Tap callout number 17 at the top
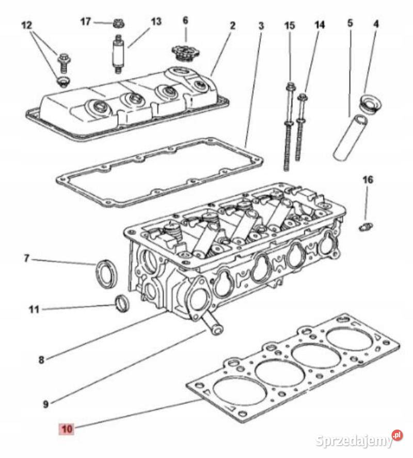86,21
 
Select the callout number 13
156,22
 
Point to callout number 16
367,180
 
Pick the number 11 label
34,309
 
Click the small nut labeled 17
117,23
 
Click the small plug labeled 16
366,226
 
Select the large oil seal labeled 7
105,273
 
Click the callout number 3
261,25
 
